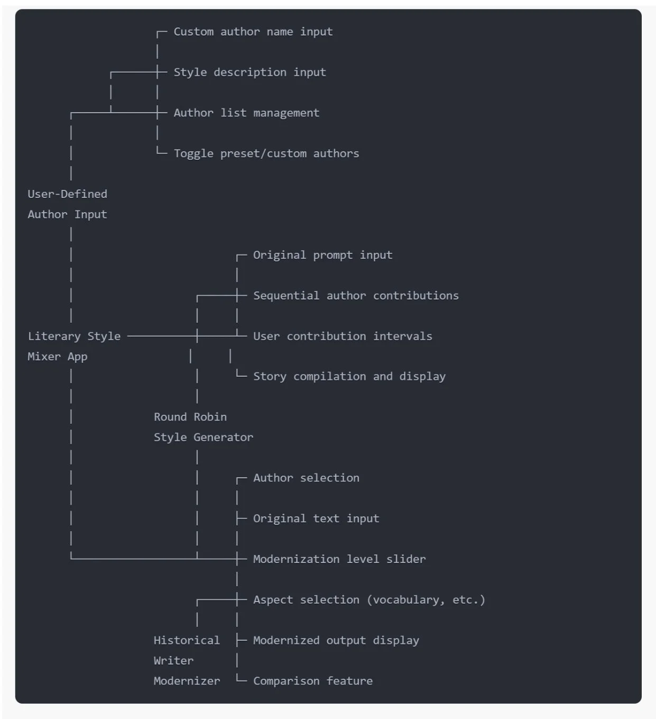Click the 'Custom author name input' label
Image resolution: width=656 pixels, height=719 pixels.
pyautogui.click(x=253, y=32)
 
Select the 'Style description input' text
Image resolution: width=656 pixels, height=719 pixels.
pyautogui.click(x=250, y=72)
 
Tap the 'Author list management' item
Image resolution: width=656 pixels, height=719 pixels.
pyautogui.click(x=246, y=113)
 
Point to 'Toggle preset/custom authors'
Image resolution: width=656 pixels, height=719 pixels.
pyautogui.click(x=266, y=153)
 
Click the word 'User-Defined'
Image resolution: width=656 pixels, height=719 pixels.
pyautogui.click(x=67, y=194)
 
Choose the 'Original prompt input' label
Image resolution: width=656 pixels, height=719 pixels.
pyautogui.click(x=322, y=255)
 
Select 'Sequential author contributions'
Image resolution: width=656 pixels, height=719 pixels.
pyautogui.click(x=356, y=296)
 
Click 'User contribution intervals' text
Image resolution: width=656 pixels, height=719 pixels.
pyautogui.click(x=343, y=336)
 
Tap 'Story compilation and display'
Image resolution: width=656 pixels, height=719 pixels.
pyautogui.click(x=349, y=377)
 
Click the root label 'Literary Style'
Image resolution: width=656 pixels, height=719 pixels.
pyautogui.click(x=74, y=336)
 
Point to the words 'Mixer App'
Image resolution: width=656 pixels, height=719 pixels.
pyautogui.click(x=57, y=357)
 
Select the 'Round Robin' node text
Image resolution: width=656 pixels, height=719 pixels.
pyautogui.click(x=190, y=417)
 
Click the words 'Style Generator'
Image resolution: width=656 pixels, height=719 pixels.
pyautogui.click(x=203, y=438)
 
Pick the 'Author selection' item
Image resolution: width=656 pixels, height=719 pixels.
pyautogui.click(x=306, y=478)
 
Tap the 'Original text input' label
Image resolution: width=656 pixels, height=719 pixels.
pyautogui.click(x=316, y=518)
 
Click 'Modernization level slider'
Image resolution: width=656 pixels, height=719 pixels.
pyautogui.click(x=339, y=559)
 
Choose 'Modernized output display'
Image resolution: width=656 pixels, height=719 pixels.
pyautogui.click(x=336, y=641)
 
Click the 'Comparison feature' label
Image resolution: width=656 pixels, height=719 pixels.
pyautogui.click(x=312, y=681)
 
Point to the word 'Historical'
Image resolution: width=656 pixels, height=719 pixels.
pyautogui.click(x=186, y=641)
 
